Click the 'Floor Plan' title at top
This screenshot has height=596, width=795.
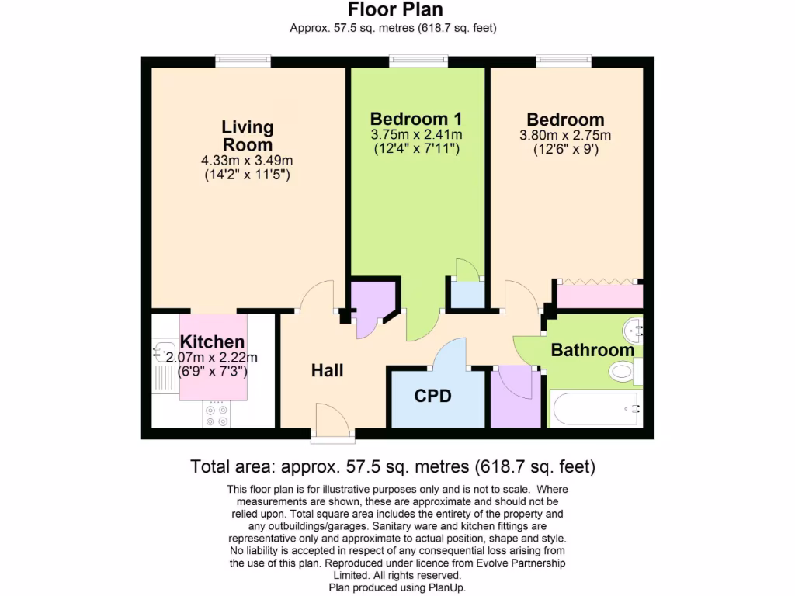[x=395, y=10]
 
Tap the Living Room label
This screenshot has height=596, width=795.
[x=247, y=135]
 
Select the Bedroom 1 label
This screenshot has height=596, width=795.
[x=416, y=119]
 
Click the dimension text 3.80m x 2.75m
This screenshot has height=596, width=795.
[x=565, y=135]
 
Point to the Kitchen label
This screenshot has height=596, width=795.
[x=212, y=341]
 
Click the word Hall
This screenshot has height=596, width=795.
[x=327, y=371]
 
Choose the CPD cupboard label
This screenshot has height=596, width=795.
[x=432, y=396]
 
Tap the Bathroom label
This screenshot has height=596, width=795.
[x=592, y=350]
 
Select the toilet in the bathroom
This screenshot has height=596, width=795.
[x=626, y=373]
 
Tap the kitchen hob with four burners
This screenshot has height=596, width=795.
[x=217, y=414]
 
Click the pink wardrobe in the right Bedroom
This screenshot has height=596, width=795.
[x=600, y=296]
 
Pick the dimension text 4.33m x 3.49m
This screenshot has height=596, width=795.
[x=247, y=161]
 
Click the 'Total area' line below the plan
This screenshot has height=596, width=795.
[x=393, y=467]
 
